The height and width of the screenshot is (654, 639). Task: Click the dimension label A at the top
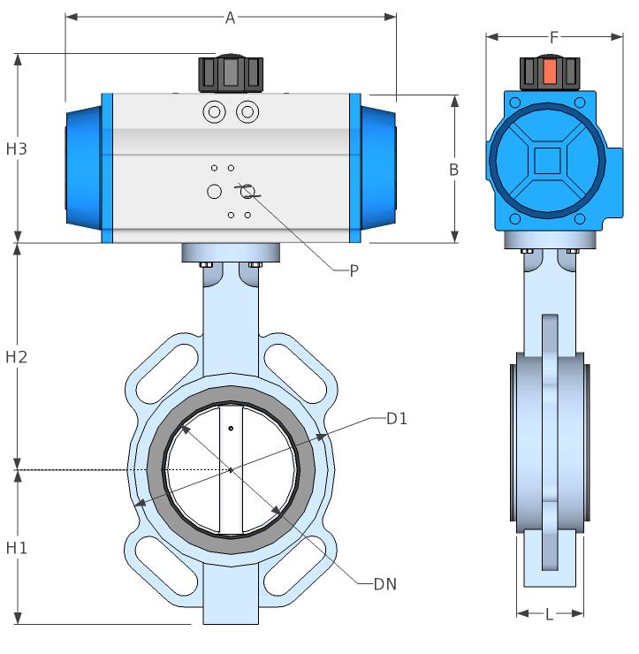(230, 17)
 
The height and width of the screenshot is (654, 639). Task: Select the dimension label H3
(17, 148)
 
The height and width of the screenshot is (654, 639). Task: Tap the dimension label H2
(17, 357)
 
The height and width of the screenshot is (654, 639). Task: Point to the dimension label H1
(17, 548)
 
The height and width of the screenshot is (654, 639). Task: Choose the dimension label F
(554, 37)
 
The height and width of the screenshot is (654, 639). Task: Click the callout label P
(354, 271)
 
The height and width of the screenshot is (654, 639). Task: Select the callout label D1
(397, 418)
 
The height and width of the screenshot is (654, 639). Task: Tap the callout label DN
(385, 584)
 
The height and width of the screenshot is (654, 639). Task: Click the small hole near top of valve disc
(231, 430)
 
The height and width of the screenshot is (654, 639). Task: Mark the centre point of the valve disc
(231, 469)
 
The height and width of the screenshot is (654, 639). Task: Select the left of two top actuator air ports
(213, 112)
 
